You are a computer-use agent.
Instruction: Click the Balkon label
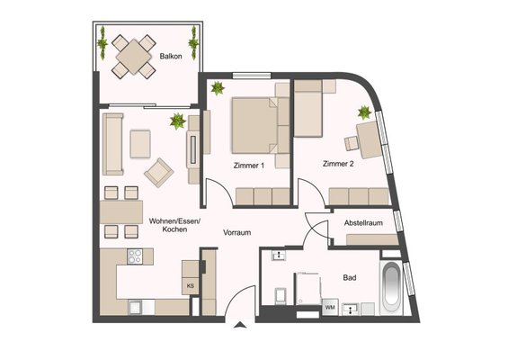click(171, 56)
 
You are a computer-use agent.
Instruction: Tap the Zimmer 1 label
click(248, 166)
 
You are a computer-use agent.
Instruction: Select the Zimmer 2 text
click(338, 164)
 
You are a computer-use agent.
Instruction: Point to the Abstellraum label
click(363, 223)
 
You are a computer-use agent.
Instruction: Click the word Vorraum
click(236, 232)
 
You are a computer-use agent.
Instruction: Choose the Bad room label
click(350, 277)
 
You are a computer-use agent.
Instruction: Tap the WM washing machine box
click(330, 307)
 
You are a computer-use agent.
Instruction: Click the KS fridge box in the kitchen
click(191, 286)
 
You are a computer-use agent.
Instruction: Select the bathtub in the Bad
click(392, 288)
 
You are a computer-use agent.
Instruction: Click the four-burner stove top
click(135, 256)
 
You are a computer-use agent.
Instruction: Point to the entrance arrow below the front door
click(240, 325)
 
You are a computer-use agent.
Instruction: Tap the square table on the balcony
click(133, 57)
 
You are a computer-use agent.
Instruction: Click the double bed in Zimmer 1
click(255, 125)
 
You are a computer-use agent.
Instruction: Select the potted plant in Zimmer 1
click(218, 87)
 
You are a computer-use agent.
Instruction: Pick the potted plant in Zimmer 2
click(364, 112)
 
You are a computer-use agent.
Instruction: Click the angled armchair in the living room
click(159, 173)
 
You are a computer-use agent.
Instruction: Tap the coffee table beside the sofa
click(140, 144)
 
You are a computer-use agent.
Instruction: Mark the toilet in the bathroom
click(280, 296)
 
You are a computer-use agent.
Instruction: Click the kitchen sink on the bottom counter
click(135, 307)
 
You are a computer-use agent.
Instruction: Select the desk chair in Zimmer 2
click(352, 144)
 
